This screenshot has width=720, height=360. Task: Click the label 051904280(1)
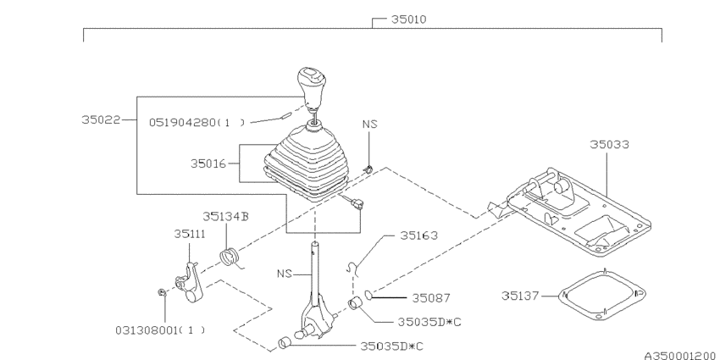tap(197, 121)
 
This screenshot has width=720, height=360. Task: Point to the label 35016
tap(208, 162)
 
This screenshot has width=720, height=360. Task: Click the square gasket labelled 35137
tap(600, 295)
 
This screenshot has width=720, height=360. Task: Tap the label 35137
tap(520, 296)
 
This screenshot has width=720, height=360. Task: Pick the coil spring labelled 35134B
tap(229, 254)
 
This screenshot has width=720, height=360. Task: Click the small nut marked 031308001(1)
tap(162, 292)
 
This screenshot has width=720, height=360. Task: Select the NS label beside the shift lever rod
tap(286, 274)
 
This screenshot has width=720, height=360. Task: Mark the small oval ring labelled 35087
tap(369, 296)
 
